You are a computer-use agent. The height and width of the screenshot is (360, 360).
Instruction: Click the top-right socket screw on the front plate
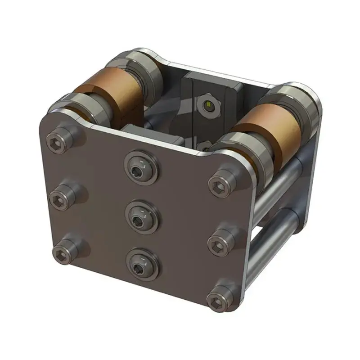point(220,183)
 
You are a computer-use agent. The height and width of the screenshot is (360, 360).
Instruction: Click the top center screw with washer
point(138,167)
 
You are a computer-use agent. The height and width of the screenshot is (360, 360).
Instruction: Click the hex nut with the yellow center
point(208,106)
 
